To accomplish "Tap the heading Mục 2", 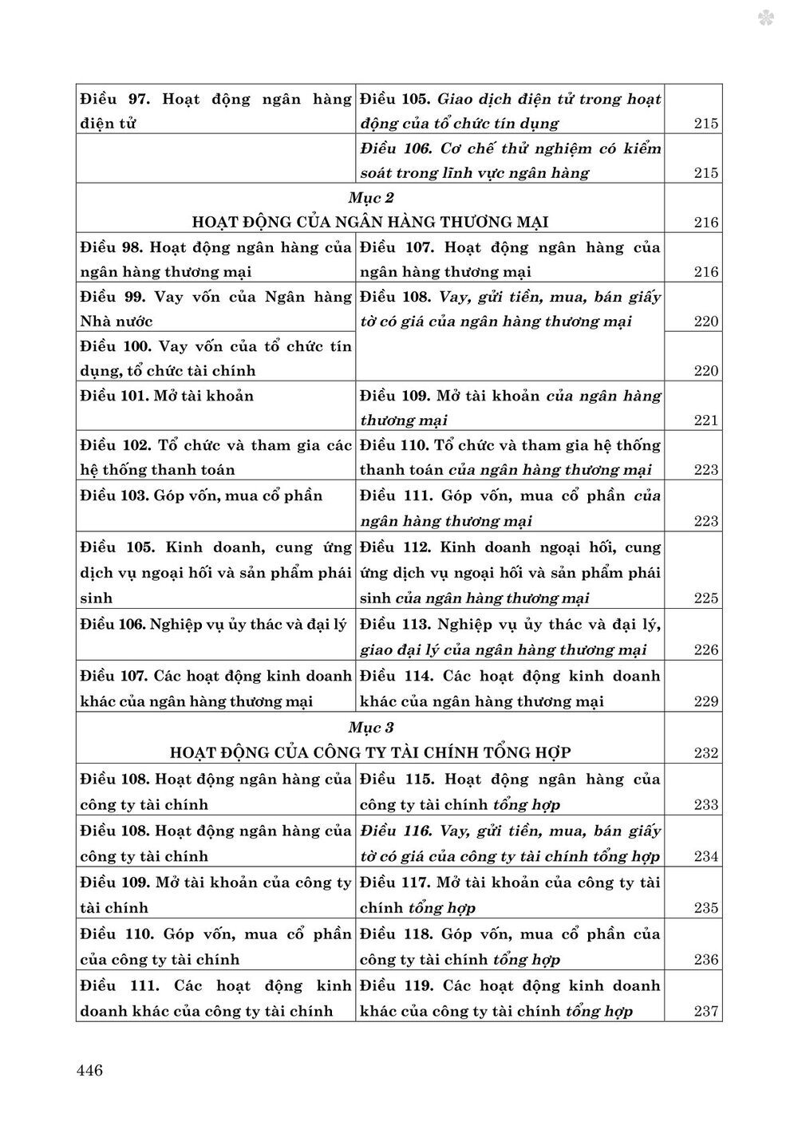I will pos(371,197).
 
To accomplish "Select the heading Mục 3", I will pos(371,727).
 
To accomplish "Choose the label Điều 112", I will pos(397,547).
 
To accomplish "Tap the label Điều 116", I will pos(397,831).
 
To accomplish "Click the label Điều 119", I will pos(397,985).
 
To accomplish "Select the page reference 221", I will pos(706,420).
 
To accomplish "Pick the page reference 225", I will pos(706,598).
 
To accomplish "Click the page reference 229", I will pos(706,702).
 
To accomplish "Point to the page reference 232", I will pos(706,753).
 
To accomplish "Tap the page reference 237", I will pos(706,1012).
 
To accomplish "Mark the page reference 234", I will pos(706,857).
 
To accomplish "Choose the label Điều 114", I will pos(397,676).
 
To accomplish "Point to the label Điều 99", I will pos(111,297).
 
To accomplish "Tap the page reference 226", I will pos(706,650).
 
